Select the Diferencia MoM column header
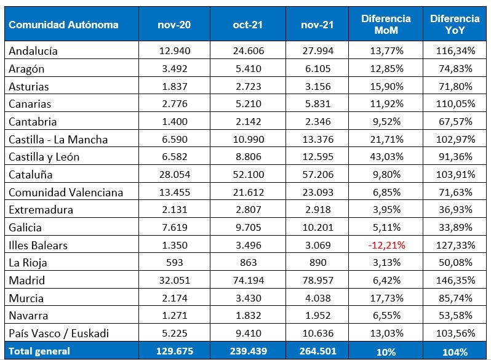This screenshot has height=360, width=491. tap(386, 25)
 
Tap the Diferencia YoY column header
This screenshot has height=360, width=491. tap(455, 25)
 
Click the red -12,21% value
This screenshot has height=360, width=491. tap(386, 245)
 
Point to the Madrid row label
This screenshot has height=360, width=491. tap(26, 281)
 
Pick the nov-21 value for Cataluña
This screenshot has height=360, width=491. tap(317, 175)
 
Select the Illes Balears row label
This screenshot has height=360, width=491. tap(38, 245)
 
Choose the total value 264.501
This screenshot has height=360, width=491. tap(317, 351)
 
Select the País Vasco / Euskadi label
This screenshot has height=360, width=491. tap(59, 334)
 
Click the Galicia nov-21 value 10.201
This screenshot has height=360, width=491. tap(317, 228)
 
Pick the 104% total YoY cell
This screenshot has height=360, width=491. tap(455, 351)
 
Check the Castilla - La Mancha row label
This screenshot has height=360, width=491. tap(58, 140)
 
